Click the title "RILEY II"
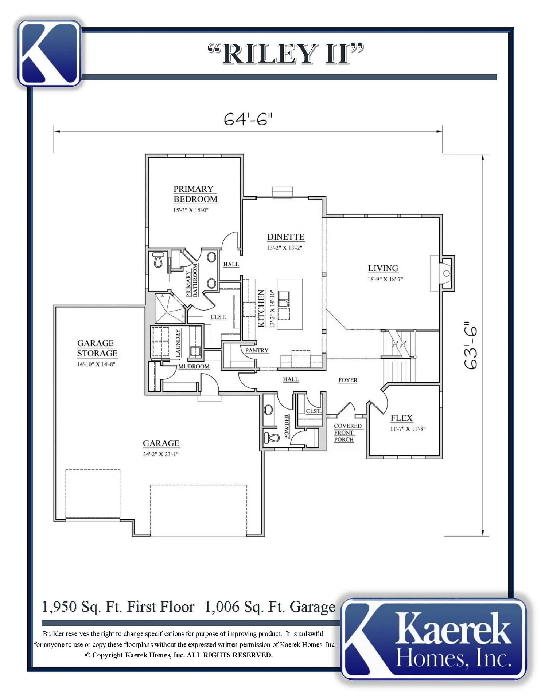click(x=286, y=54)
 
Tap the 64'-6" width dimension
click(x=248, y=119)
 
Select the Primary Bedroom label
click(x=195, y=194)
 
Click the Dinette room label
click(x=285, y=237)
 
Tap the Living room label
click(x=383, y=268)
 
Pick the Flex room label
click(x=401, y=418)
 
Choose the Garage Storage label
click(x=97, y=348)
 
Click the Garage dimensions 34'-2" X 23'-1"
click(x=160, y=454)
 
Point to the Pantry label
click(x=257, y=350)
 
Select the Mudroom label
click(x=194, y=366)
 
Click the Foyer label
click(x=348, y=380)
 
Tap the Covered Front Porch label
click(x=348, y=433)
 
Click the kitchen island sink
click(x=284, y=299)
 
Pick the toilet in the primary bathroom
click(x=158, y=260)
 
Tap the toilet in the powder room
click(x=271, y=437)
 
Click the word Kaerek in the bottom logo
click(x=452, y=629)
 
